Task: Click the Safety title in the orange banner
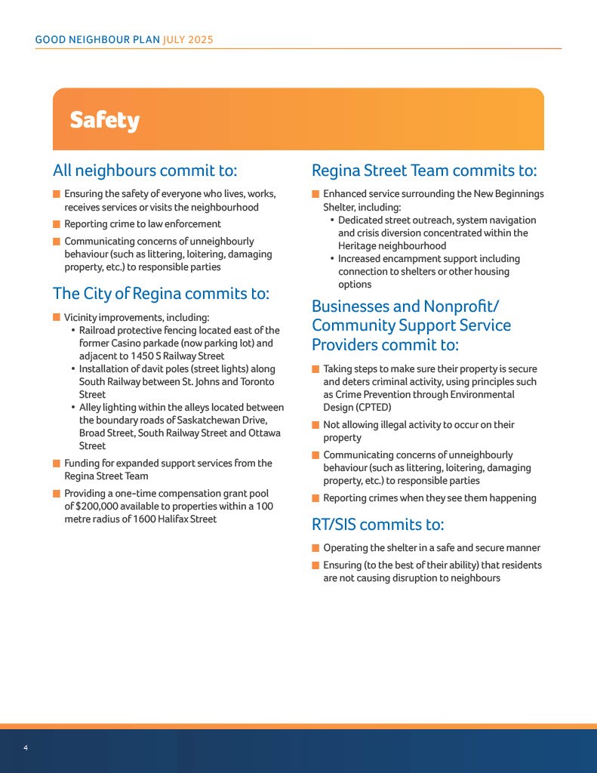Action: (105, 120)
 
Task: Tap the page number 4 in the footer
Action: (26, 747)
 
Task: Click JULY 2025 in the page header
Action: (189, 39)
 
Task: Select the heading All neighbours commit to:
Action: (145, 170)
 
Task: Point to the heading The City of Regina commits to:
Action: (161, 294)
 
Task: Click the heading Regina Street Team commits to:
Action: (424, 171)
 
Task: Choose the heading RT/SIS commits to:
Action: (377, 524)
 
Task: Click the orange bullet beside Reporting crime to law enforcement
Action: (57, 224)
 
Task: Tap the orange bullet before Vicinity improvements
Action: (57, 317)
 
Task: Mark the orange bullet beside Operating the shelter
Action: (315, 548)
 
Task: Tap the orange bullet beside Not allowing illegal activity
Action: (315, 425)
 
